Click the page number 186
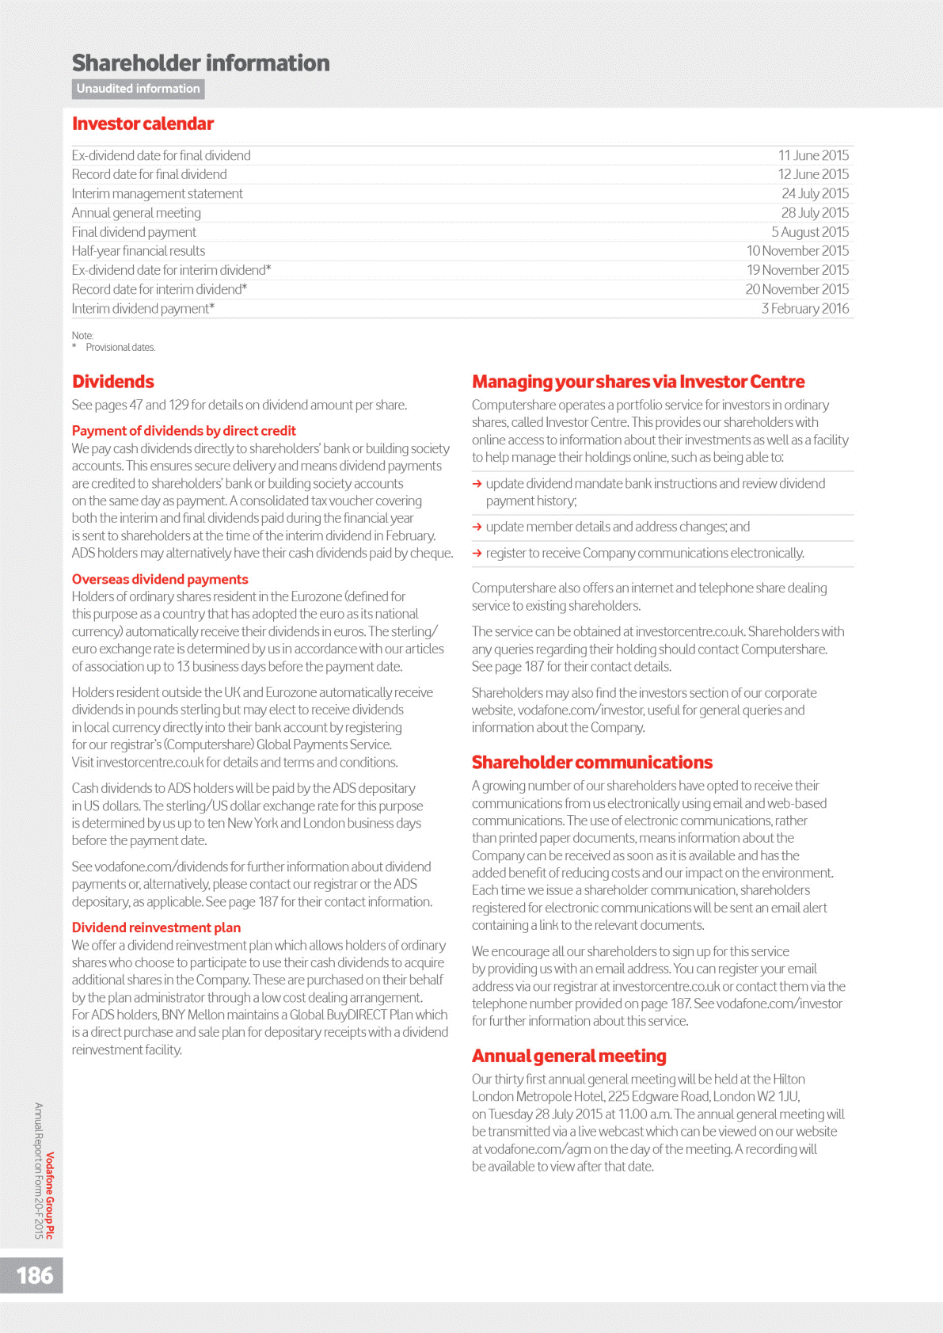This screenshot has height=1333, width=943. tap(35, 1275)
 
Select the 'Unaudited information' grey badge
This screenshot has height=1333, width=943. tap(139, 89)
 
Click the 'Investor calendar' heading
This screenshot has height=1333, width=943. tap(143, 124)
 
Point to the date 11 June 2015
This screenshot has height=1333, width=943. tap(813, 155)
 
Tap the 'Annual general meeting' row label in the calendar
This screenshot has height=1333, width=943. tap(136, 212)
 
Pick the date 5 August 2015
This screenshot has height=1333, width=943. tap(810, 232)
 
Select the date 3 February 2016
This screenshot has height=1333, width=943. tap(805, 308)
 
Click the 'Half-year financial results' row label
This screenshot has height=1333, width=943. tap(139, 251)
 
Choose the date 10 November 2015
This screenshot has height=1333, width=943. tap(797, 251)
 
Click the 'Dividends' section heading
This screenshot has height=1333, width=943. tap(113, 382)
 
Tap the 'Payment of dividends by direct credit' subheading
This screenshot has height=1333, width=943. tap(184, 431)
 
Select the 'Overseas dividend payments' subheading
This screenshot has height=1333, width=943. tap(160, 579)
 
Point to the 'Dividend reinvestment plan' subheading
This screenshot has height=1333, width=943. tap(156, 927)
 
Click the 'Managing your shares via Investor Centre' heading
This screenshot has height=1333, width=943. tap(638, 382)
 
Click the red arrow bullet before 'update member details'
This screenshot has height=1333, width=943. tap(477, 527)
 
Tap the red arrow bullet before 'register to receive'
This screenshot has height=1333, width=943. tap(477, 553)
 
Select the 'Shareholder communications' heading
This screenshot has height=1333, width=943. tap(592, 762)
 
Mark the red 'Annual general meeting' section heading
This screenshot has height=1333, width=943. tap(569, 1056)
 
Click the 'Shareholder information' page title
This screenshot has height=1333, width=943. tap(201, 63)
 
